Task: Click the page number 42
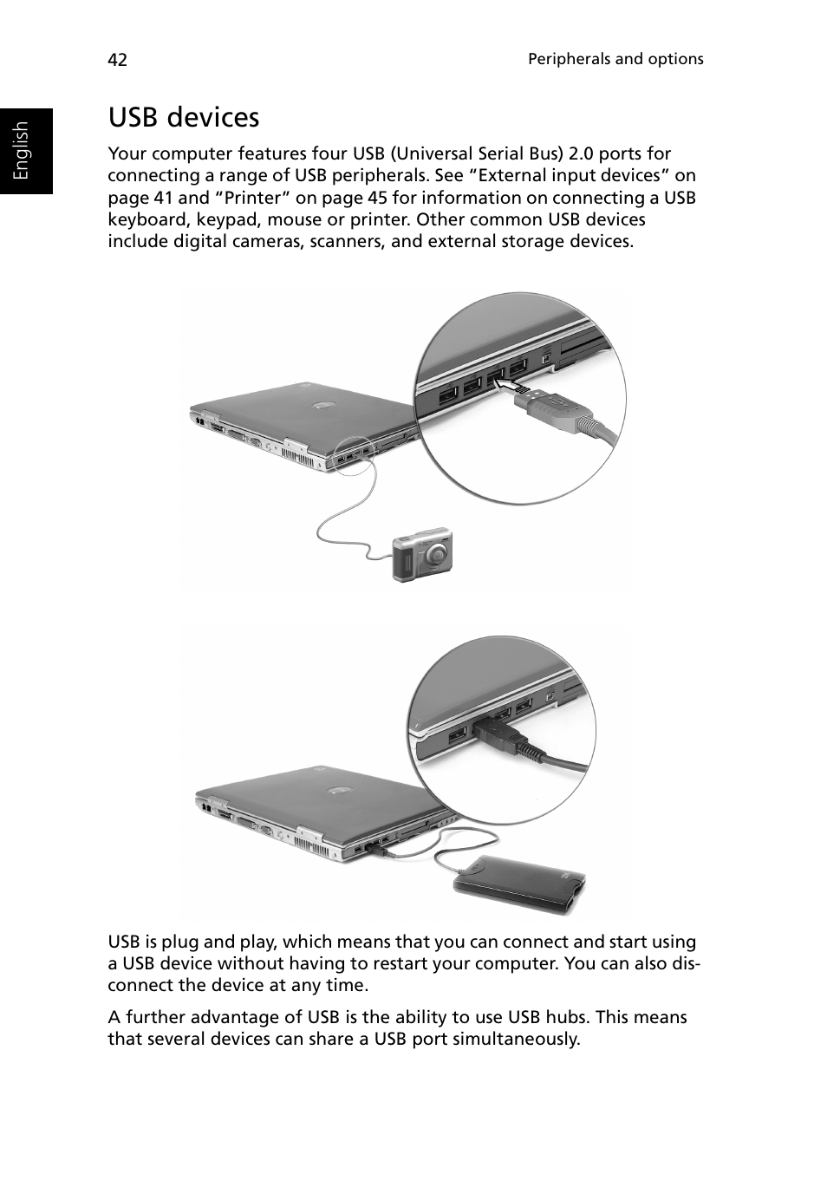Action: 117,60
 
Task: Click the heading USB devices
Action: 184,117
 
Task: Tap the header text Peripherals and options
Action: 615,59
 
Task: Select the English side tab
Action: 23,151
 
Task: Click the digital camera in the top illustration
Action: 422,554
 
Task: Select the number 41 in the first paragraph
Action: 163,198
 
